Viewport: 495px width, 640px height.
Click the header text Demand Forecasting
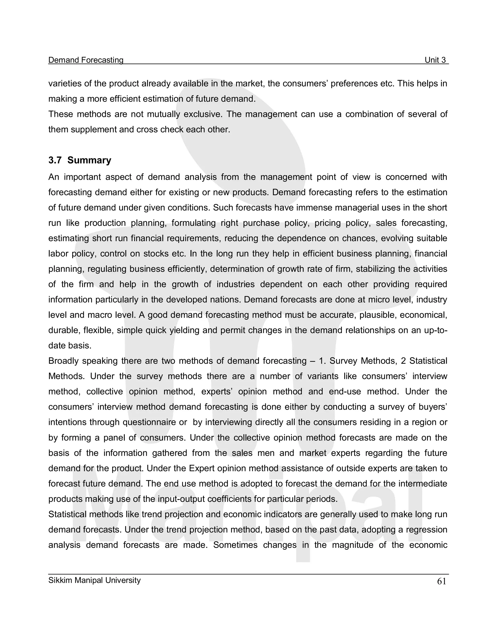(x=86, y=60)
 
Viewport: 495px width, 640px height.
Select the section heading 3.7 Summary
(x=80, y=160)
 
